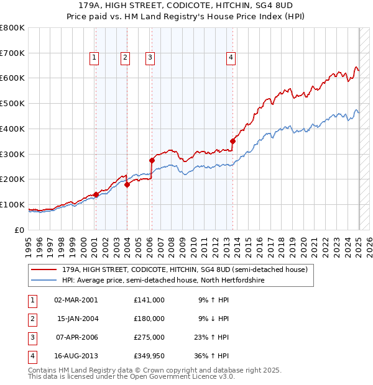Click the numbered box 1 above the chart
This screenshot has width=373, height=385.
[94, 58]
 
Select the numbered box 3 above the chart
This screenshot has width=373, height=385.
[150, 58]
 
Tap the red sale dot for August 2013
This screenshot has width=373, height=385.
[233, 141]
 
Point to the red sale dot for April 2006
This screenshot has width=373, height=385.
[152, 160]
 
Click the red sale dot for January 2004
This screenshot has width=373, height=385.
[127, 184]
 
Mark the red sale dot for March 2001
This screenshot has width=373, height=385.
[96, 194]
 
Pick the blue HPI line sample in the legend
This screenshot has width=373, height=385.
[44, 281]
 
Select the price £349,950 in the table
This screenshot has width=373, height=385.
[149, 356]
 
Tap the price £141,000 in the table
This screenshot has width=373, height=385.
[149, 300]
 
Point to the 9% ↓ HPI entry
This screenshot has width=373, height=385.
[213, 319]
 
